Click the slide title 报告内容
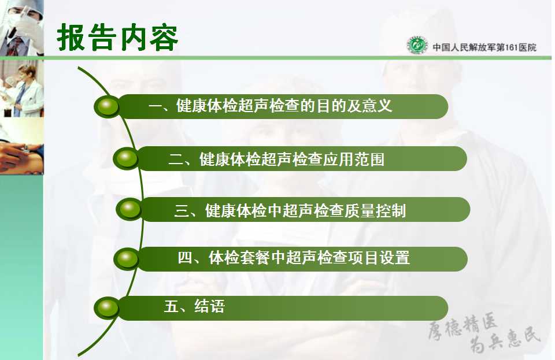tap(117, 38)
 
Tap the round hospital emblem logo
tap(417, 45)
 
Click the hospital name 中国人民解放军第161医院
tap(484, 47)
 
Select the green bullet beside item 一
tap(108, 106)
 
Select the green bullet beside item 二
tap(126, 158)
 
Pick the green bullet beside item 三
tap(129, 209)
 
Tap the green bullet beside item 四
tap(127, 258)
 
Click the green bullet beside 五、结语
tap(107, 307)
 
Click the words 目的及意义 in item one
tap(354, 106)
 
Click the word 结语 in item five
tap(209, 306)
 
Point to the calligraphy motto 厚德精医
tap(462, 326)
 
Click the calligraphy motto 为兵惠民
tap(505, 341)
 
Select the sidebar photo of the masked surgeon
tap(22, 28)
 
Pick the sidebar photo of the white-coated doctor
tap(22, 88)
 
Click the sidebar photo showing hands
tap(22, 146)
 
